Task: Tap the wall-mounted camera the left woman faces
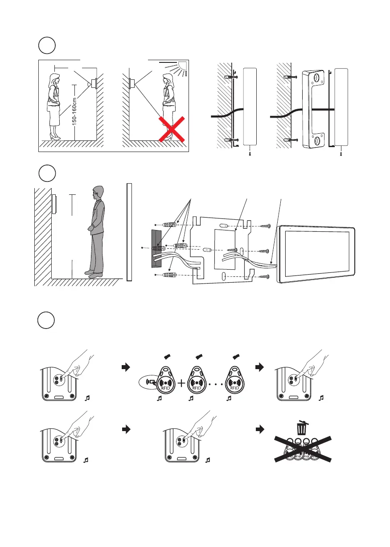coord(94,83)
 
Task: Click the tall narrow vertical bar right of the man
coord(129,232)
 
